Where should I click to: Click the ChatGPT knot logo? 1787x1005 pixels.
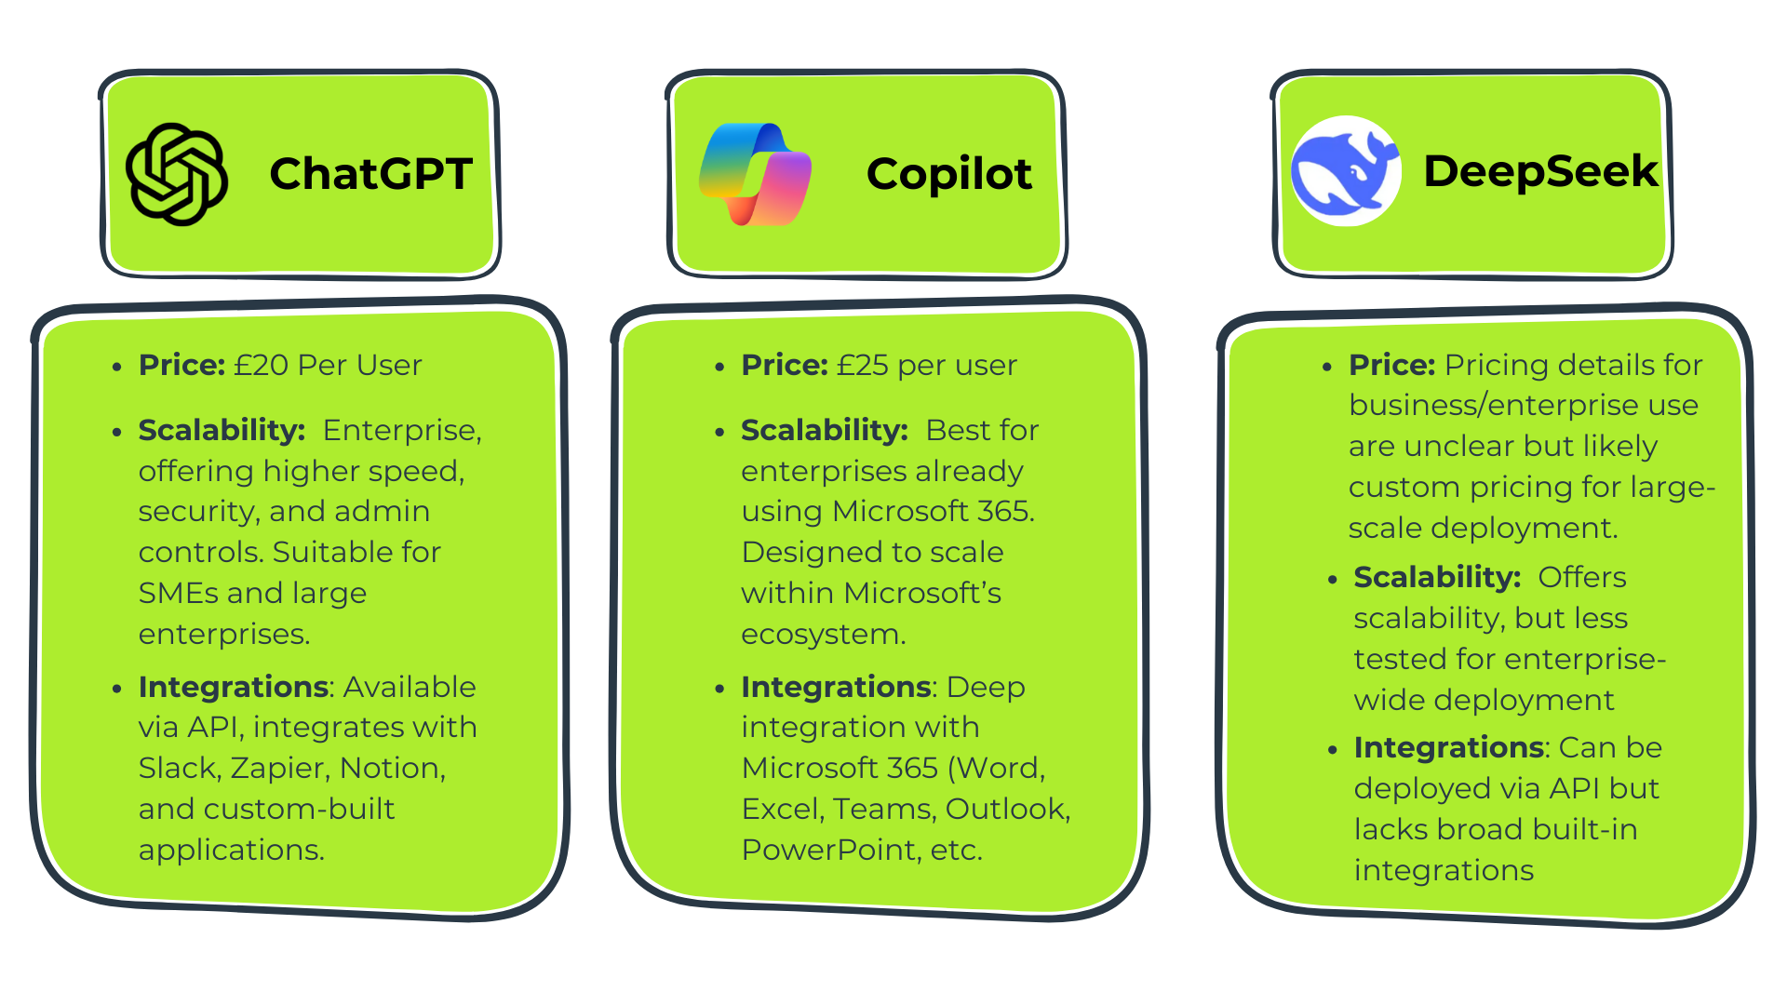click(x=177, y=174)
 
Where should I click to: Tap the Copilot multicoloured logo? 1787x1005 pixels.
click(x=756, y=174)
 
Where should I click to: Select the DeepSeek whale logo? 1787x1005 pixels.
click(x=1346, y=171)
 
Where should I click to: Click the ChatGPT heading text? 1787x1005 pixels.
click(x=370, y=174)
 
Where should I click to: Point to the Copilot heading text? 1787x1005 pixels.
click(x=948, y=174)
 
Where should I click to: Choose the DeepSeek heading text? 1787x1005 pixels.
click(x=1540, y=171)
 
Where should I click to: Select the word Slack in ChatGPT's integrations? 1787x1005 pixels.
click(x=177, y=769)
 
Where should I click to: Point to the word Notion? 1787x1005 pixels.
click(x=391, y=769)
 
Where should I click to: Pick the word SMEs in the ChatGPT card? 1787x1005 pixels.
click(x=178, y=593)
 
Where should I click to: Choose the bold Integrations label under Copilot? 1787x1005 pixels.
click(x=836, y=688)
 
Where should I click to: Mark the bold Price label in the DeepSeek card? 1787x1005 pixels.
click(x=1391, y=365)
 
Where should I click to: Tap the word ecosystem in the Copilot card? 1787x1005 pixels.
click(x=822, y=635)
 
